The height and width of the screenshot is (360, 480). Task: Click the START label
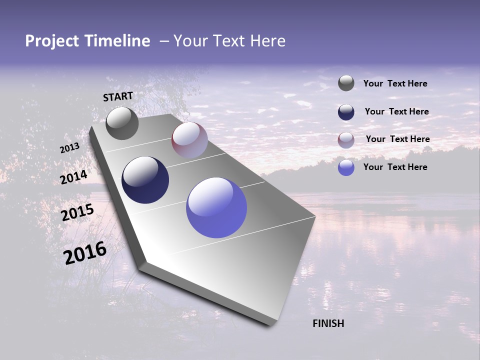point(118,96)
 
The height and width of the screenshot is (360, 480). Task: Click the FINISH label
point(328,323)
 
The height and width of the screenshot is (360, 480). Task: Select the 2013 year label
point(69,148)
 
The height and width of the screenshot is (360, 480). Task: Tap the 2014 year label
point(74,177)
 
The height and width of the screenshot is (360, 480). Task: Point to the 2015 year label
point(77,212)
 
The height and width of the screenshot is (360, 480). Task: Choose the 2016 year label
point(85,253)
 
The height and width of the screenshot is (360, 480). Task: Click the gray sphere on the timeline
point(122,123)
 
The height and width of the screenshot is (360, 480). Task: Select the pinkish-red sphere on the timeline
point(189,140)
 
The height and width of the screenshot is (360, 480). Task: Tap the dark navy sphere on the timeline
point(145,180)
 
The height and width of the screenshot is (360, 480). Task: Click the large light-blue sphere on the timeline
point(216,207)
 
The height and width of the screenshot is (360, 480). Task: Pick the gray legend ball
point(346,83)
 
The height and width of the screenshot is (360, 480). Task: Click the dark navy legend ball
point(346,112)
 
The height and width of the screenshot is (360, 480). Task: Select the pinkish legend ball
point(346,140)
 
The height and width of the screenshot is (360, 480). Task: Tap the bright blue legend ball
point(346,167)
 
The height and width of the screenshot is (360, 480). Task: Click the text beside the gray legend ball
point(395,84)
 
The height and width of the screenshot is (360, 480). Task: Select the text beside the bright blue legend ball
point(395,167)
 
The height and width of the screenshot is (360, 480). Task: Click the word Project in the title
point(52,41)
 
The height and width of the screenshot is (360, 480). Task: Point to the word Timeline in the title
point(119,41)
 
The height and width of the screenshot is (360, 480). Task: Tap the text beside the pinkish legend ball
point(397,139)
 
